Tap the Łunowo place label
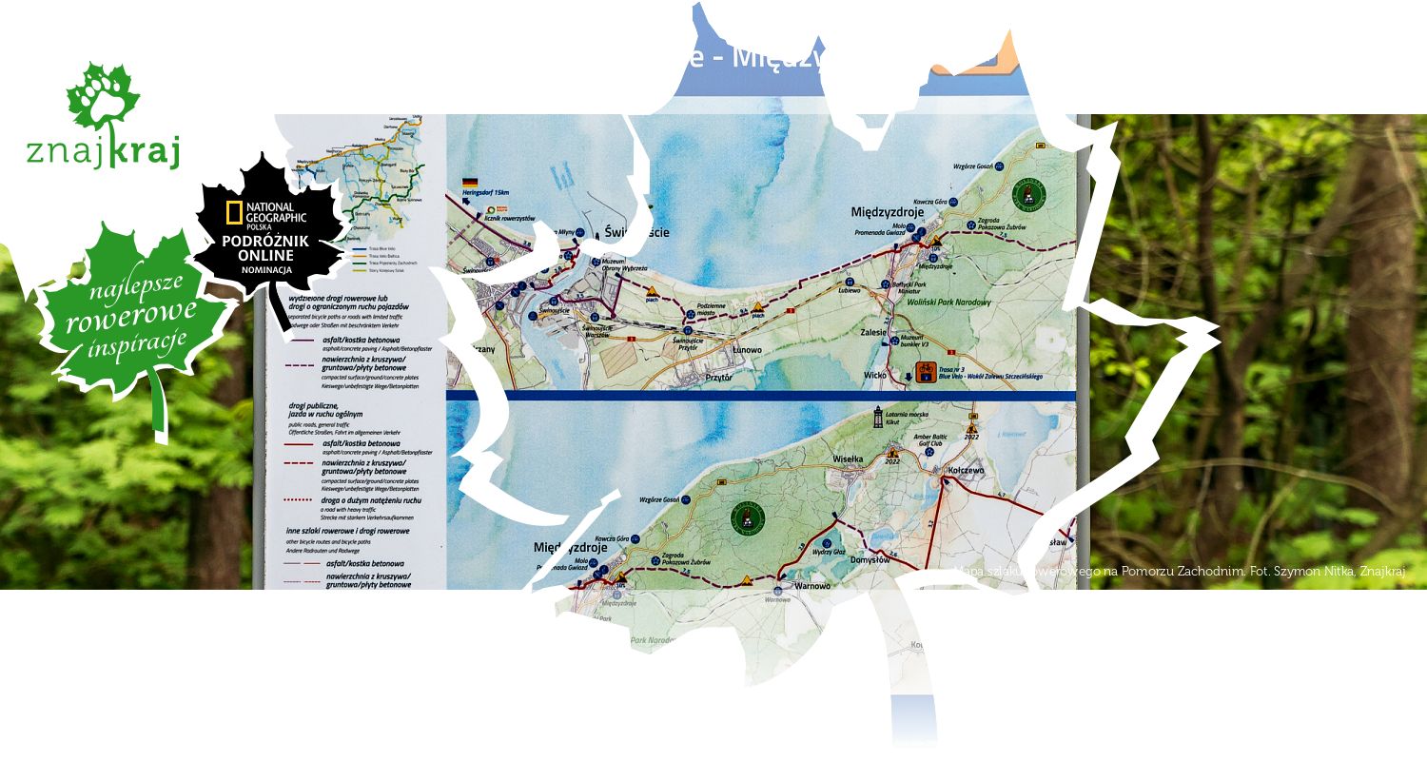[722, 349]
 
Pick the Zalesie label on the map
[873, 333]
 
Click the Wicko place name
[874, 375]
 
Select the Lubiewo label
[849, 290]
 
